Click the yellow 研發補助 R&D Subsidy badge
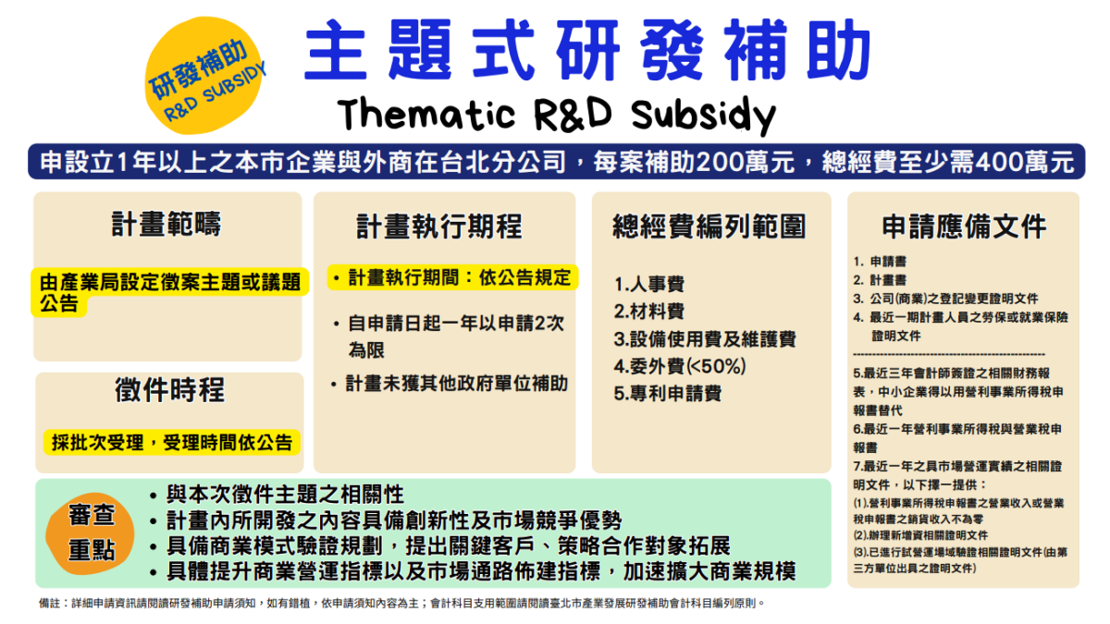(204, 75)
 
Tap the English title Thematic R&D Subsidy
(556, 115)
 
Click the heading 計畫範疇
(166, 224)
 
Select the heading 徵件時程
(169, 390)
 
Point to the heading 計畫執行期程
(439, 226)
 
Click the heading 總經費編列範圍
(709, 226)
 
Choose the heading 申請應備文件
(964, 226)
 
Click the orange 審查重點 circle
(91, 534)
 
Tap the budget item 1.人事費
(649, 285)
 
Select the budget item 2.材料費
(649, 312)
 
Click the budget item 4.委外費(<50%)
(680, 366)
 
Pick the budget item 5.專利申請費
(668, 394)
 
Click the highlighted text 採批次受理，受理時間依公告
(172, 442)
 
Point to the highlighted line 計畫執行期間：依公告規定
(453, 278)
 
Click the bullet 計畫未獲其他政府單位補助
(450, 384)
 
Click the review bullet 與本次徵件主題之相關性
(277, 495)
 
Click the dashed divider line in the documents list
(949, 354)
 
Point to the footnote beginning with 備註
(401, 603)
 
